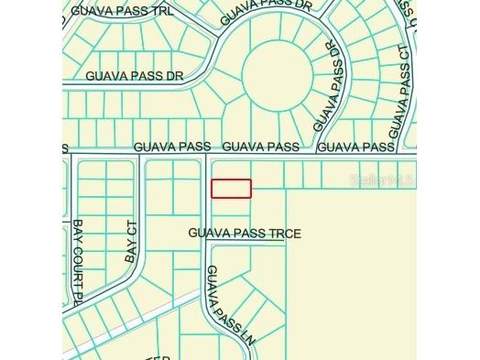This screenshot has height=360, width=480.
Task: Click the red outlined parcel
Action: tap(232, 188)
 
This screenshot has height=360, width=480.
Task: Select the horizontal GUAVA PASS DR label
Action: tap(135, 77)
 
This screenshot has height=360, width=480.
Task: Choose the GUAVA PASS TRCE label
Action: tap(245, 234)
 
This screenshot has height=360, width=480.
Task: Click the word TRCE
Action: tap(285, 234)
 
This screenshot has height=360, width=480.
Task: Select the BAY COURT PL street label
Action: tap(78, 262)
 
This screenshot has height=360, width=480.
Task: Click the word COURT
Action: tap(78, 265)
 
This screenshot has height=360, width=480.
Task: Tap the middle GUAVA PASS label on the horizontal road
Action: tap(261, 147)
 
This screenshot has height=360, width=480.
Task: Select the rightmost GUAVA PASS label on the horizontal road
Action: tap(355, 147)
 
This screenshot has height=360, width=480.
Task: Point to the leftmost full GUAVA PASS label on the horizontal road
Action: tap(172, 147)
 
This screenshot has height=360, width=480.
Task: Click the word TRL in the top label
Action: tap(160, 10)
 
